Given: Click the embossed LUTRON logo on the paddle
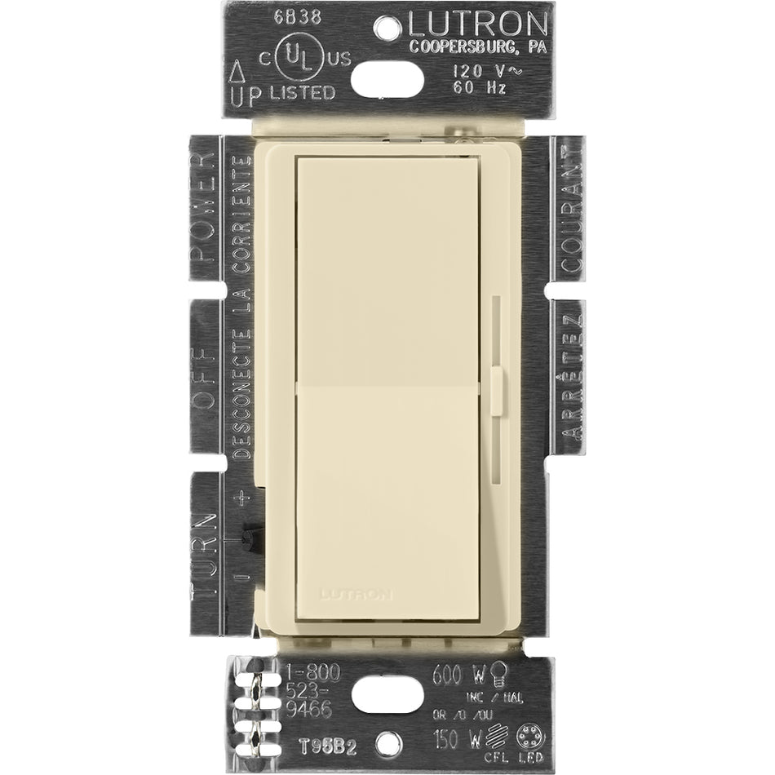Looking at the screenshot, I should pos(359,592).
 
